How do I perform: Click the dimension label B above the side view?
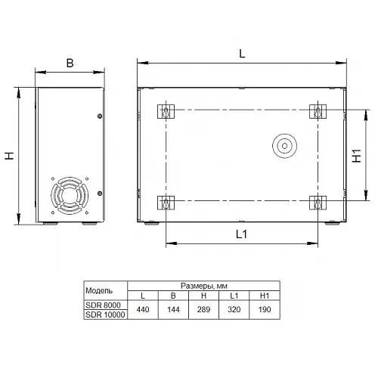click(70, 63)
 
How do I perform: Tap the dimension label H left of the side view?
click(9, 156)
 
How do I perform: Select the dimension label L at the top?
click(242, 54)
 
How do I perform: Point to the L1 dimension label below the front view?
click(241, 234)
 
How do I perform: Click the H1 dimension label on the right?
click(357, 156)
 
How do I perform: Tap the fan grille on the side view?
click(70, 196)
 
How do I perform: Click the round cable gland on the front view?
click(284, 146)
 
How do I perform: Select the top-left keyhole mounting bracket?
click(166, 111)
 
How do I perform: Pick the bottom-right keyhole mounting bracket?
click(318, 203)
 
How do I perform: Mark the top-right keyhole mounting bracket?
click(318, 111)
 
